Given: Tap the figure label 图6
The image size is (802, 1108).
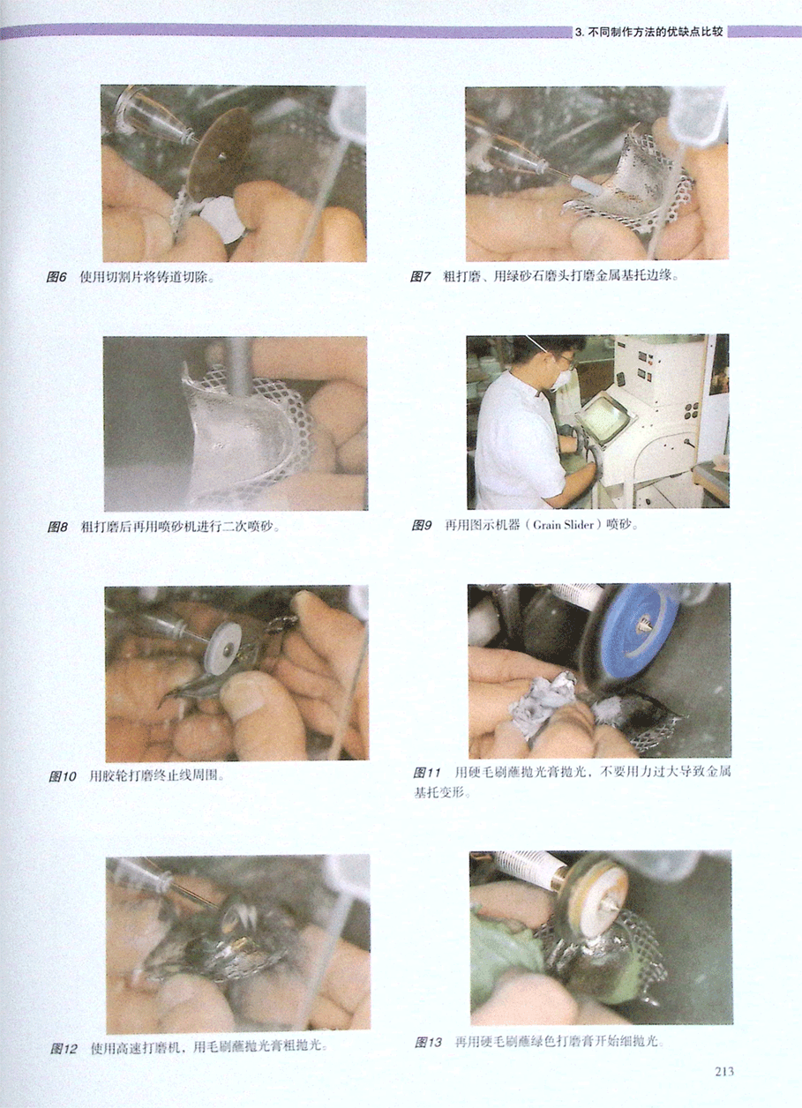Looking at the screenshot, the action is pyautogui.click(x=56, y=277).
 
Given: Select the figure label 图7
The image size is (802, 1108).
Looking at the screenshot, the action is pyautogui.click(x=420, y=276).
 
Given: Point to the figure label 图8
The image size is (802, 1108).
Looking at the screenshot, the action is pyautogui.click(x=56, y=527).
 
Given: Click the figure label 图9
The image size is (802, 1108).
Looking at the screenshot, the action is pyautogui.click(x=422, y=525).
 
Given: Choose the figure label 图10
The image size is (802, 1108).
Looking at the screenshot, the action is pyautogui.click(x=63, y=776).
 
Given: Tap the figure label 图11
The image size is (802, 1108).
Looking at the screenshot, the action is pyautogui.click(x=427, y=773).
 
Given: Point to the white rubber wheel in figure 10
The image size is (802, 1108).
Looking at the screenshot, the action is pyautogui.click(x=223, y=643).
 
